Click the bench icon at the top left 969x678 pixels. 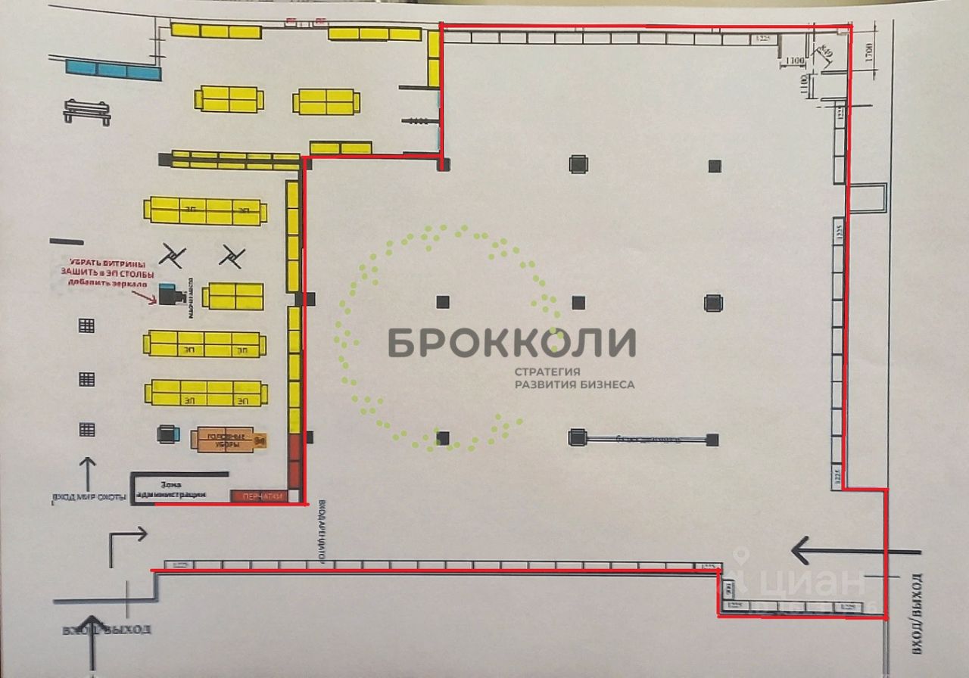click(86, 111)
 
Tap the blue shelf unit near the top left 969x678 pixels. click(114, 70)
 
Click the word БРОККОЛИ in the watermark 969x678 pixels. click(512, 343)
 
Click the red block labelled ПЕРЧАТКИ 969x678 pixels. click(260, 496)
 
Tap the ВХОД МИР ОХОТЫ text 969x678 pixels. click(89, 497)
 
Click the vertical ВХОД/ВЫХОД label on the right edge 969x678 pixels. click(918, 613)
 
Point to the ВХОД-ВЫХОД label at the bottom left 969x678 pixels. click(106, 630)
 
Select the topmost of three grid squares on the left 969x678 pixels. click(87, 326)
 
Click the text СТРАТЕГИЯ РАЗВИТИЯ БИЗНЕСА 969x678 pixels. click(575, 378)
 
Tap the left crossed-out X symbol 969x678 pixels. click(173, 257)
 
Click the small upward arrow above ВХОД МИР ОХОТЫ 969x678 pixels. click(88, 473)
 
